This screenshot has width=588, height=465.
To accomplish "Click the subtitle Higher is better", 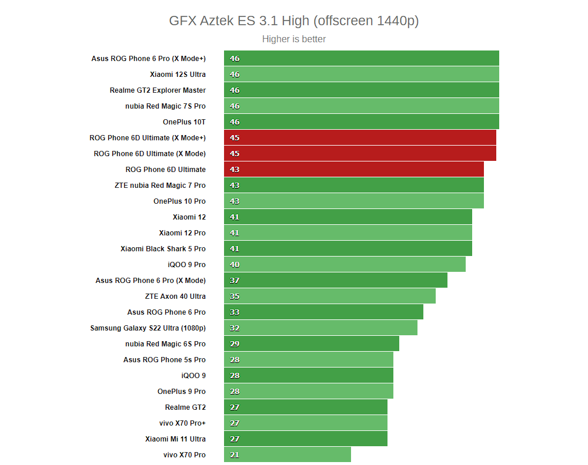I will (293, 39).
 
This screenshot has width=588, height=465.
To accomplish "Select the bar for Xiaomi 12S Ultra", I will (361, 75).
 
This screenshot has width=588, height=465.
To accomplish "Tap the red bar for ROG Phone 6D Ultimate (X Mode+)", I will (360, 138).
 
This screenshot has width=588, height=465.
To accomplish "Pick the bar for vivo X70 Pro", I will (287, 455).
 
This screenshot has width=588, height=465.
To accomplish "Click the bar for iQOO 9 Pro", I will (345, 265).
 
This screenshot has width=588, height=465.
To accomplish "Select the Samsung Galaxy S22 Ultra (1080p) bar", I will (320, 328).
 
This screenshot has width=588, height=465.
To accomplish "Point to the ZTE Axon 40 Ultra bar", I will (329, 296).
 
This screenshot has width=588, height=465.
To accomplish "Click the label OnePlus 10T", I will (184, 122).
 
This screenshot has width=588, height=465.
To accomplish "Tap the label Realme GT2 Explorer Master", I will (158, 90).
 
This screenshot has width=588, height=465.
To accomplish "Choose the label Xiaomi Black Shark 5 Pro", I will (163, 249).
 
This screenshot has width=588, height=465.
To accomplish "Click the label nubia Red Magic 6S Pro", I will (165, 344).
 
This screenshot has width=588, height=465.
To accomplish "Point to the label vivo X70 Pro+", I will (182, 423).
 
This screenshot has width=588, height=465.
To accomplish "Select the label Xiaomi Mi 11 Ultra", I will (175, 439).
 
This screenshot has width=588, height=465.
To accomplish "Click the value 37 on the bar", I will (235, 281).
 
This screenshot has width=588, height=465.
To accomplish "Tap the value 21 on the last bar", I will (235, 455).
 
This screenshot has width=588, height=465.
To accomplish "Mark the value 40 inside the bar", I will (235, 265).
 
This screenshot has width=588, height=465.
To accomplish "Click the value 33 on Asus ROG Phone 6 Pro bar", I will (235, 312).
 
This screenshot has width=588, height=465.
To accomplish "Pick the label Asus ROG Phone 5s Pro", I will (164, 360).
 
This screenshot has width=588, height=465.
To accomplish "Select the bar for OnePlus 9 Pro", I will (308, 392).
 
